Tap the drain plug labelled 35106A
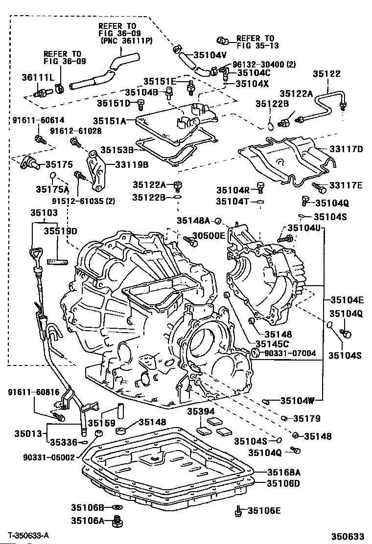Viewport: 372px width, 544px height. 117,521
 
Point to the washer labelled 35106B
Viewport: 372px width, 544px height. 117,508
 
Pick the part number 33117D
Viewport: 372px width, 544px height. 346,149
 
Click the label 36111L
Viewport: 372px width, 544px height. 36,77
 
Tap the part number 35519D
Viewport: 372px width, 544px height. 60,230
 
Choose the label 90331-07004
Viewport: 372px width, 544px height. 291,353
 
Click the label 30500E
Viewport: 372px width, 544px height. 209,236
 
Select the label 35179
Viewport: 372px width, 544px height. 307,418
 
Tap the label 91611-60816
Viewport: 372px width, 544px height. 33,392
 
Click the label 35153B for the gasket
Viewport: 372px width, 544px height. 117,149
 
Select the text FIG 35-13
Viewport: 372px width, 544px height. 255,47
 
